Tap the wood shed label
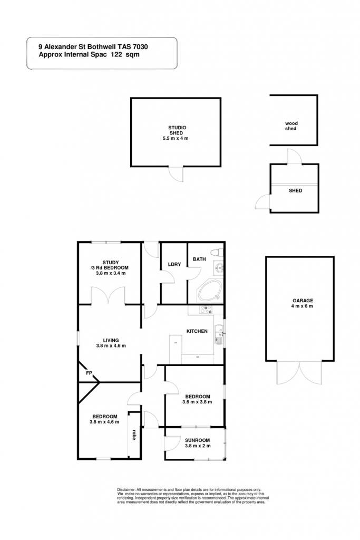291,126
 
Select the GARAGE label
303,300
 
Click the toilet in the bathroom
217,253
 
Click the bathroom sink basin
219,267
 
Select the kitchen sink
219,334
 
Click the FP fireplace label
89,373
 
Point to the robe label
133,435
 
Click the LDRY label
174,264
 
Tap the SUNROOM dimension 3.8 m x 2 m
198,446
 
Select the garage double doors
300,372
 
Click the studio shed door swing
178,174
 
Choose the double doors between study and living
109,295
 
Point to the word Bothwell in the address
102,47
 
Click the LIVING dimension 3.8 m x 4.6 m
111,345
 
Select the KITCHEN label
197,331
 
